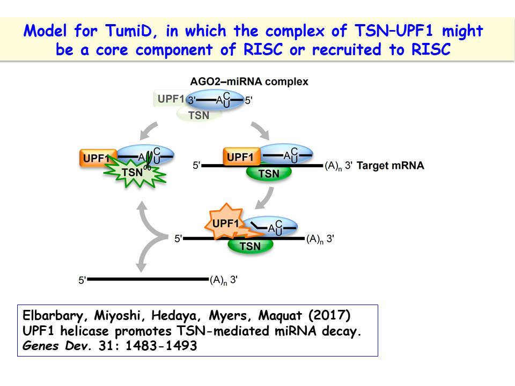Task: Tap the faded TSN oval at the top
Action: click(x=199, y=115)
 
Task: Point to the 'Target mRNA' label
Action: click(x=390, y=166)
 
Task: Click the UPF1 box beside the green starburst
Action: click(x=97, y=158)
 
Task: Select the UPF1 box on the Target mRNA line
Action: click(x=240, y=157)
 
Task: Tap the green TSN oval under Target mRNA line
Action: click(x=269, y=173)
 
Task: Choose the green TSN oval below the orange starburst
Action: click(x=250, y=246)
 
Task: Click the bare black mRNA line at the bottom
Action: click(x=148, y=279)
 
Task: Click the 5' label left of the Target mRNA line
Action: click(x=196, y=166)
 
